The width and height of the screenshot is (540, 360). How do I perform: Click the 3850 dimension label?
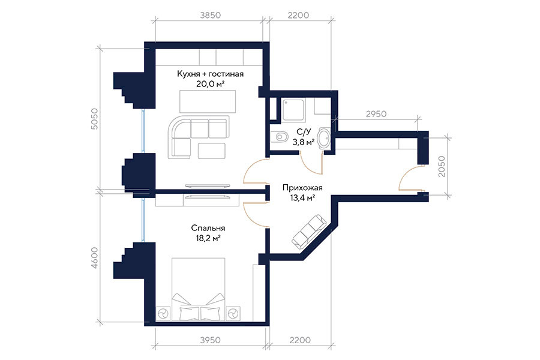pyautogui.click(x=210, y=15)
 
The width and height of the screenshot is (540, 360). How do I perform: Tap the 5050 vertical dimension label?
pyautogui.click(x=94, y=119)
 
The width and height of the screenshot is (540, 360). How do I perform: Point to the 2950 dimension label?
pyautogui.click(x=376, y=113)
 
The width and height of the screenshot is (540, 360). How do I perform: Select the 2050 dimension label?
pyautogui.click(x=442, y=166)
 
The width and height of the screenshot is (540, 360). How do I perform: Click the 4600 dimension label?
pyautogui.click(x=94, y=257)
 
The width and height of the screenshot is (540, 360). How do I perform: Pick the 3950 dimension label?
pyautogui.click(x=210, y=340)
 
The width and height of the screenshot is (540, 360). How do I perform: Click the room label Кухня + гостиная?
pyautogui.click(x=210, y=74)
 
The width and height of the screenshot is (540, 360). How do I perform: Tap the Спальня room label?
pyautogui.click(x=208, y=228)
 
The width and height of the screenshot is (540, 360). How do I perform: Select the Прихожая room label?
pyautogui.click(x=302, y=188)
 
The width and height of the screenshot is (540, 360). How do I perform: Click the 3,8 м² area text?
pyautogui.click(x=303, y=141)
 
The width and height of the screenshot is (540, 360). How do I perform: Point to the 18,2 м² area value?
pyautogui.click(x=208, y=238)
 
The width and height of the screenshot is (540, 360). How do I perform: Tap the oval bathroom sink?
pyautogui.click(x=324, y=138)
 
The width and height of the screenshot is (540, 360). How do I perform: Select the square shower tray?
pyautogui.click(x=293, y=110)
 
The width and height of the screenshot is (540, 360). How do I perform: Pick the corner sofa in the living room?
pyautogui.click(x=199, y=137)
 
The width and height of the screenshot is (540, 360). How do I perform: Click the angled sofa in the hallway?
pyautogui.click(x=309, y=232)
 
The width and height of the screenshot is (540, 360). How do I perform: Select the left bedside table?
pyautogui.click(x=163, y=313)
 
